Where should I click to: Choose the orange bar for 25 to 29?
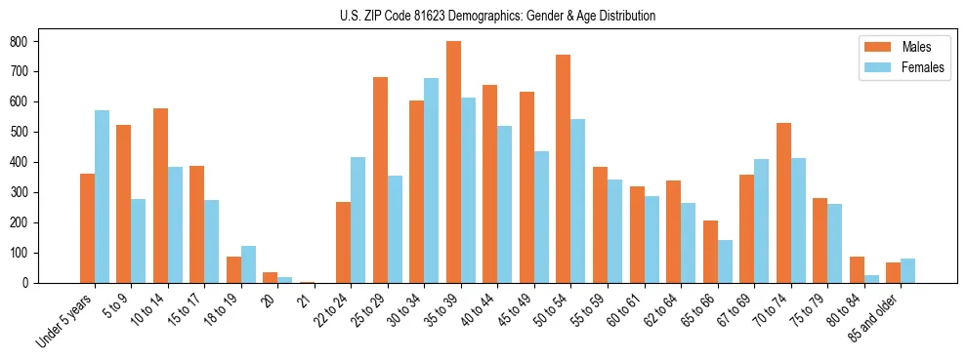pos(380,180)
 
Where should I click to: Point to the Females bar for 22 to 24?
pos(358,220)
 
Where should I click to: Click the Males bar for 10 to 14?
pos(160,195)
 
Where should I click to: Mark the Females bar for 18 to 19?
pos(248,264)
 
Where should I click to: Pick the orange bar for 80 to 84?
pos(857,270)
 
